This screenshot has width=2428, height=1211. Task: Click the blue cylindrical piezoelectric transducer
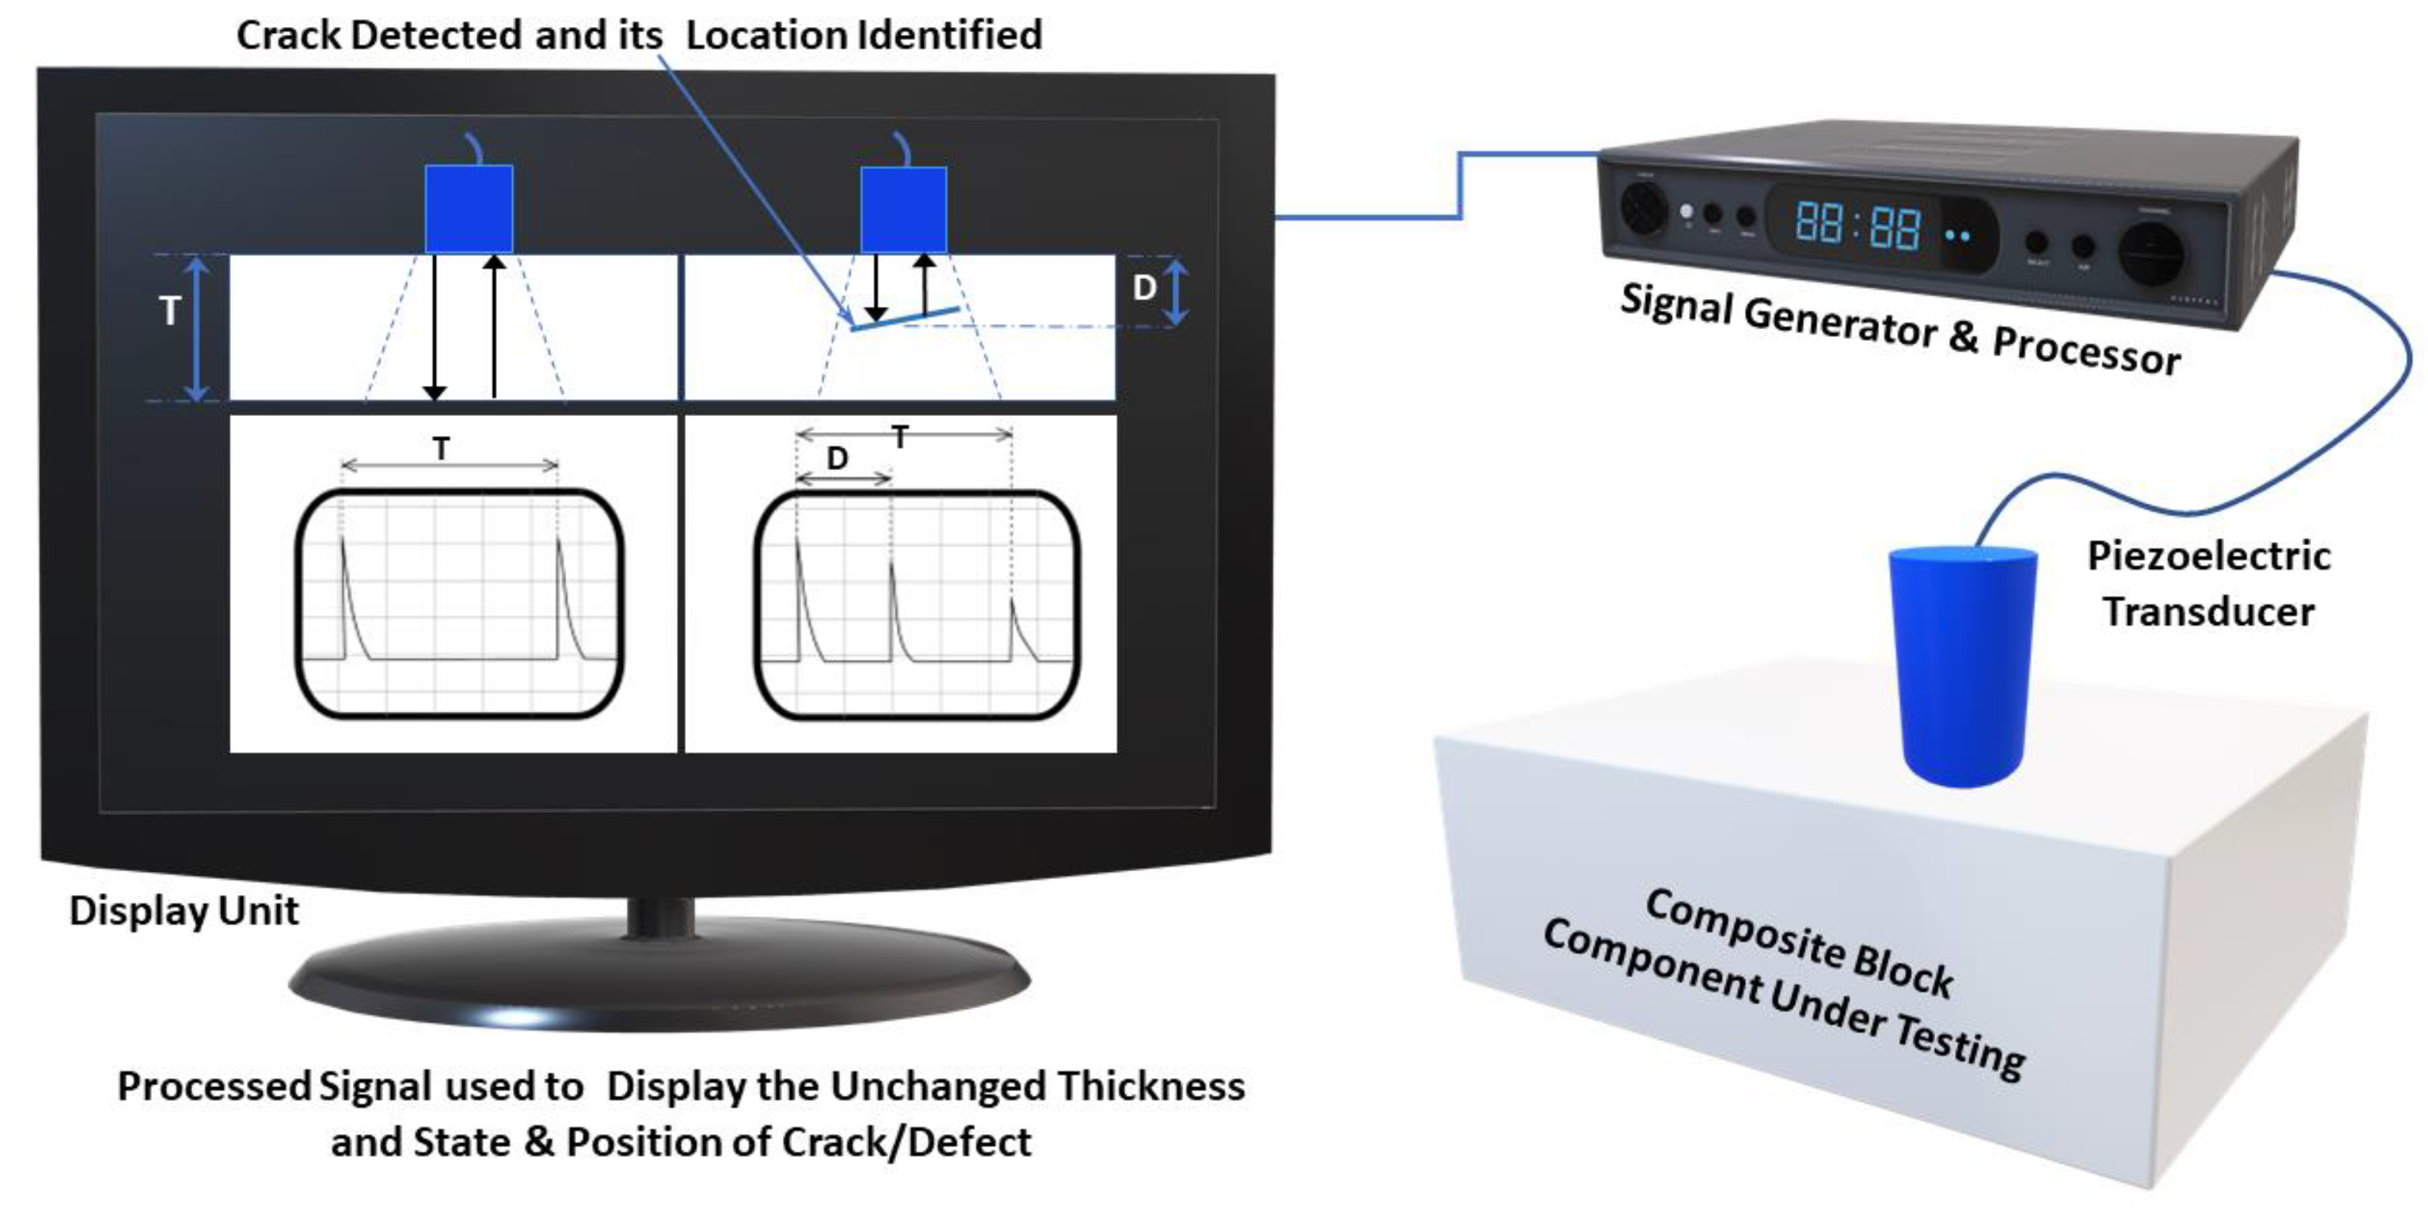[x=1963, y=664]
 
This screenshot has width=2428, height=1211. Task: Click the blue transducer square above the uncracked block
[x=468, y=208]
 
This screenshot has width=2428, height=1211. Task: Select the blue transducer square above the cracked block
[x=903, y=210]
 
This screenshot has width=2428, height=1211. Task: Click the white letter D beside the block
[x=1144, y=288]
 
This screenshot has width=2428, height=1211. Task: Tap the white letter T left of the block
[x=170, y=311]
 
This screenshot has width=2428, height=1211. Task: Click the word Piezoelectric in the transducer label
[x=2208, y=556]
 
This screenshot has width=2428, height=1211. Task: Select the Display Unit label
[x=184, y=910]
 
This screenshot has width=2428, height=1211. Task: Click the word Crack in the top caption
[x=288, y=36]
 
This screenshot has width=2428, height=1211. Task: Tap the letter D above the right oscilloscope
[x=837, y=459]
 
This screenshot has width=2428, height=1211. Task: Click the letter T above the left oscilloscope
[x=441, y=448]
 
